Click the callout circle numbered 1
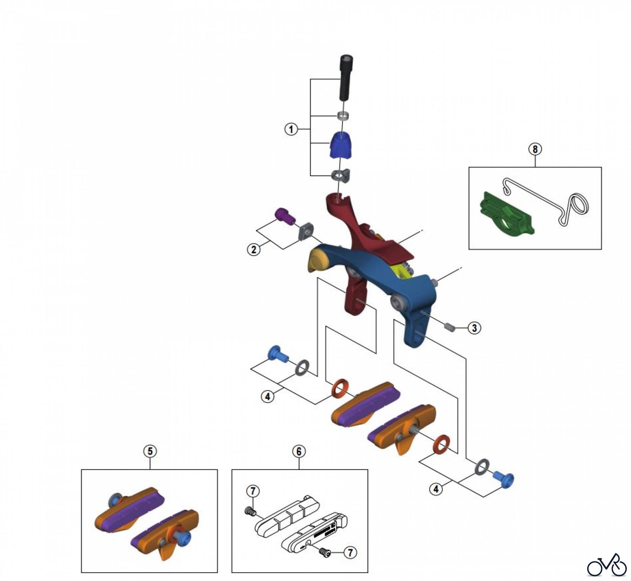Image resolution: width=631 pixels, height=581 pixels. coord(291,129)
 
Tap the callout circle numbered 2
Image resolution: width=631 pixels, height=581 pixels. coord(254,250)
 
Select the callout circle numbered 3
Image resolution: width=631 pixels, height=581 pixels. coord(474,328)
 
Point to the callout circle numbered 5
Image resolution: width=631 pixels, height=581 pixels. coord(150,451)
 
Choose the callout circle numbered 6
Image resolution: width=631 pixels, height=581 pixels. coord(299,451)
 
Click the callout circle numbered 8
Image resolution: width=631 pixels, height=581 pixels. coord(535,149)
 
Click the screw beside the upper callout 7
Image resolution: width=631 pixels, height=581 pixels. coord(248,512)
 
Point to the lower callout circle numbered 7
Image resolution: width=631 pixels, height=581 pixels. coord(350,553)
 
